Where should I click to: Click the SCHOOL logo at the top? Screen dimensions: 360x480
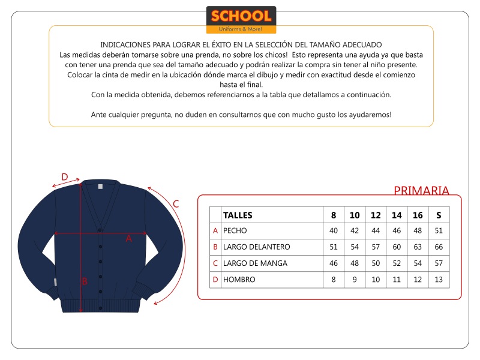pyautogui.click(x=241, y=19)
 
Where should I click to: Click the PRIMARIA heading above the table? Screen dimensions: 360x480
pyautogui.click(x=421, y=191)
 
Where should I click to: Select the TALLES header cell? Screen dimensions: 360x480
pyautogui.click(x=238, y=215)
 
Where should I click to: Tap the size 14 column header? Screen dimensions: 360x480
pyautogui.click(x=397, y=215)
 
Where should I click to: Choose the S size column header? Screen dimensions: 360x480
pyautogui.click(x=439, y=215)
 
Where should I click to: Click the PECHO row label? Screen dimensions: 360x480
pyautogui.click(x=235, y=230)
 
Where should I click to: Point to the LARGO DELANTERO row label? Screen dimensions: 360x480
pyautogui.click(x=256, y=247)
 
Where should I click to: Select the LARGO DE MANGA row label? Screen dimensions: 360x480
pyautogui.click(x=255, y=263)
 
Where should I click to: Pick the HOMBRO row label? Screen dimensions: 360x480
pyautogui.click(x=239, y=280)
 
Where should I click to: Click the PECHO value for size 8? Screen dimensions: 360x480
pyautogui.click(x=334, y=230)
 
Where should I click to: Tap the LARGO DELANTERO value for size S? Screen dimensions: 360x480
pyautogui.click(x=439, y=247)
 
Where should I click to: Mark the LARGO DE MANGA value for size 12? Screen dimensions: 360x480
pyautogui.click(x=376, y=263)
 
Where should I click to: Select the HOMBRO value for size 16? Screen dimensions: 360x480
pyautogui.click(x=418, y=280)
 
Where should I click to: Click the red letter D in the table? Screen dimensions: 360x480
pyautogui.click(x=215, y=280)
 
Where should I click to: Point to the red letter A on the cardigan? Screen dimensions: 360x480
pyautogui.click(x=128, y=238)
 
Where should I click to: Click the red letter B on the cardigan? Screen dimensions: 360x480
pyautogui.click(x=85, y=281)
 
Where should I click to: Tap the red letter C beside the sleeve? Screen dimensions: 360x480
pyautogui.click(x=176, y=203)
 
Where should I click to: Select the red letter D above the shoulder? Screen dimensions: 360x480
pyautogui.click(x=65, y=177)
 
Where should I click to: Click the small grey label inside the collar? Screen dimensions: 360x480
pyautogui.click(x=101, y=186)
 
